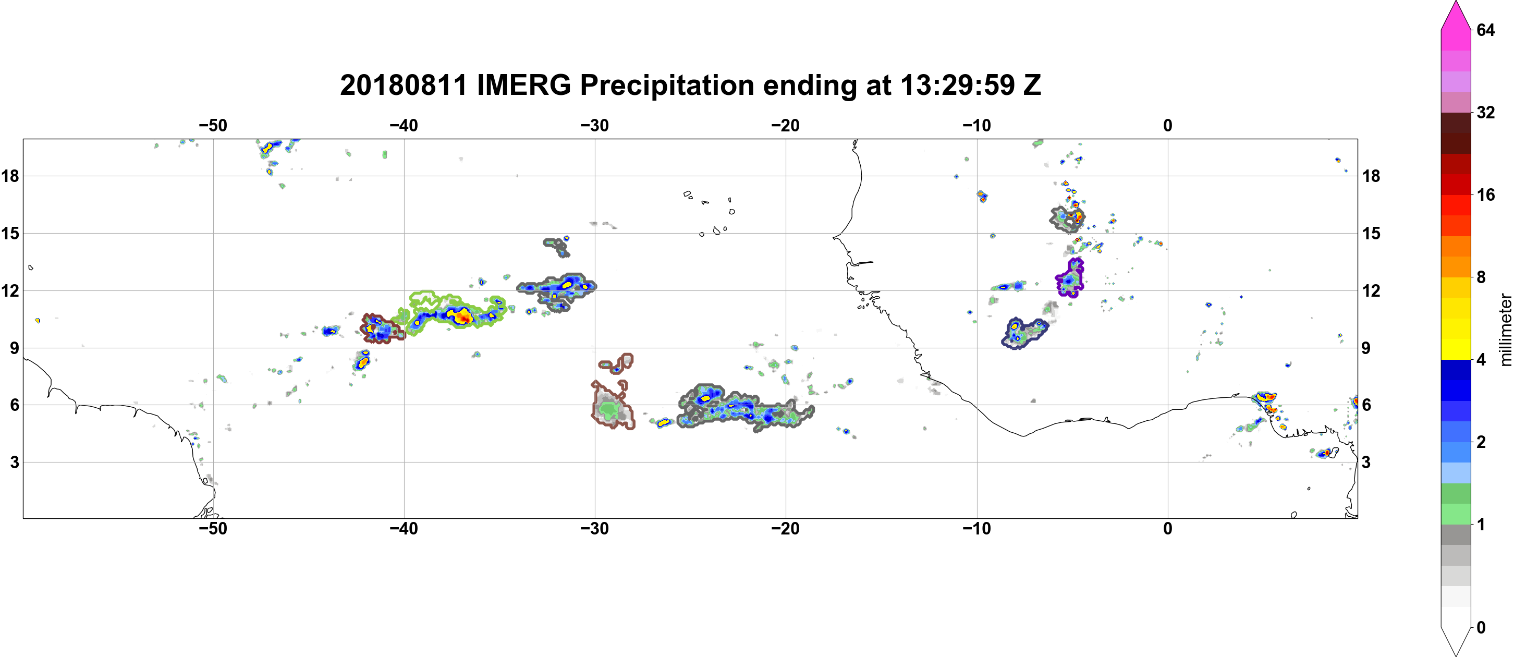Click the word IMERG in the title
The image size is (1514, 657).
[523, 85]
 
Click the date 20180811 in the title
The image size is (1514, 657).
[403, 85]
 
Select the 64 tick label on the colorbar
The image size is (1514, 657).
[1485, 30]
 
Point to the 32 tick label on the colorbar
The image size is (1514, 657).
[1485, 112]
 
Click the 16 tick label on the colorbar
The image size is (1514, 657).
[1485, 194]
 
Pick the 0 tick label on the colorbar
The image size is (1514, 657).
[1481, 628]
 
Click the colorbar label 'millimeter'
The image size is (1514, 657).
[1505, 330]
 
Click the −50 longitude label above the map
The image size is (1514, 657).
[213, 125]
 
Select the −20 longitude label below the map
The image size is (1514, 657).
[785, 529]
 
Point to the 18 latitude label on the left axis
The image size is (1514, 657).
[10, 176]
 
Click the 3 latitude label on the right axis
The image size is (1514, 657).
[1366, 463]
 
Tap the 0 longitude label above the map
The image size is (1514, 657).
[1168, 125]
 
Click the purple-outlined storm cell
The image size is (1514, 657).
[1069, 279]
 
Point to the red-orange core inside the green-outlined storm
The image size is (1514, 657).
[463, 318]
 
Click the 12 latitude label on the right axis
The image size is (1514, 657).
[1371, 291]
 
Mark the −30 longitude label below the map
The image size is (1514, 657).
[594, 529]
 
